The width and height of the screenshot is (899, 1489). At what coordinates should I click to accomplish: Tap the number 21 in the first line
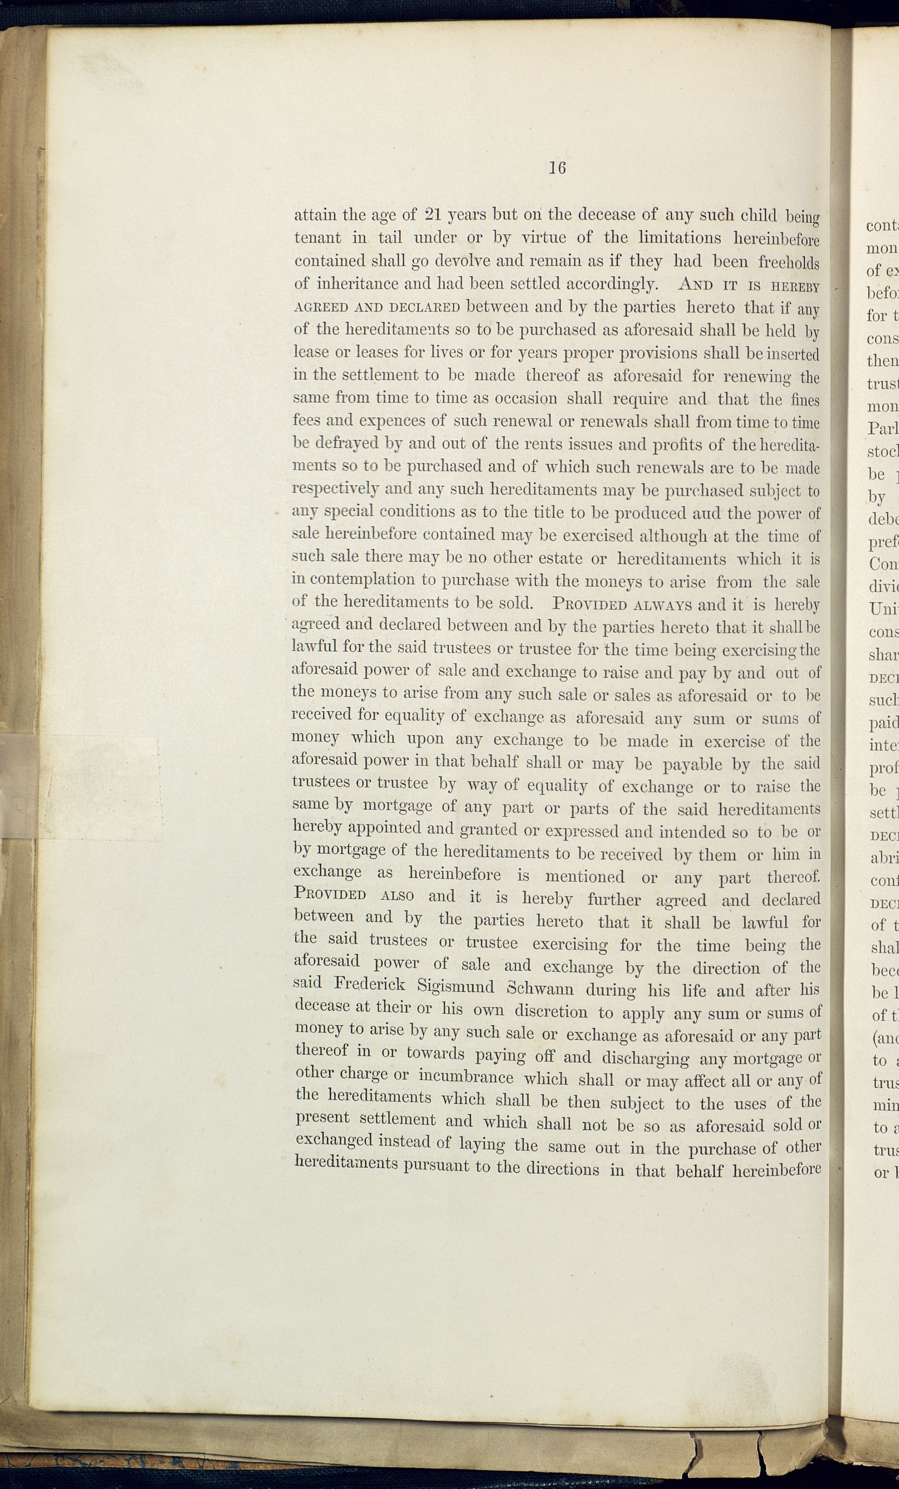pos(436,215)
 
